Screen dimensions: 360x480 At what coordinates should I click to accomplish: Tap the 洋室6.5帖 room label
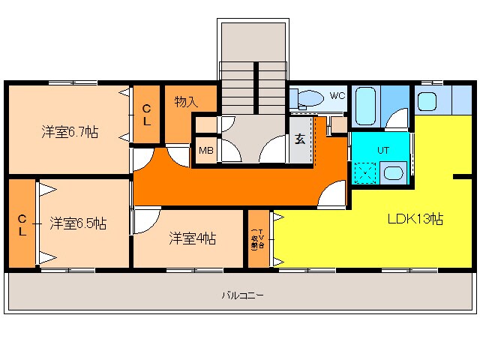coord(78,223)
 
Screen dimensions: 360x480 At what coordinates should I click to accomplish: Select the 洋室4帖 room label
coord(192,238)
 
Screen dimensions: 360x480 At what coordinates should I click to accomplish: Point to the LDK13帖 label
coord(415,220)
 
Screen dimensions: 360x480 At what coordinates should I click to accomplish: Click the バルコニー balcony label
coord(242,295)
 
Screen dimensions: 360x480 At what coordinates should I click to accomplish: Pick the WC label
coord(337,95)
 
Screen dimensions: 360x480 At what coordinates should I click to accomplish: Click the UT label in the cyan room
coord(382,150)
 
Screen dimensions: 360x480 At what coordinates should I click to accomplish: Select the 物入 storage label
coord(186,100)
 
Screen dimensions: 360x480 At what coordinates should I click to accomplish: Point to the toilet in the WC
coord(307,97)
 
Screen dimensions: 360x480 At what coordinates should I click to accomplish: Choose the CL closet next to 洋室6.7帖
coord(147,115)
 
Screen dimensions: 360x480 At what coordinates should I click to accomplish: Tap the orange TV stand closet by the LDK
coord(257,238)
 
